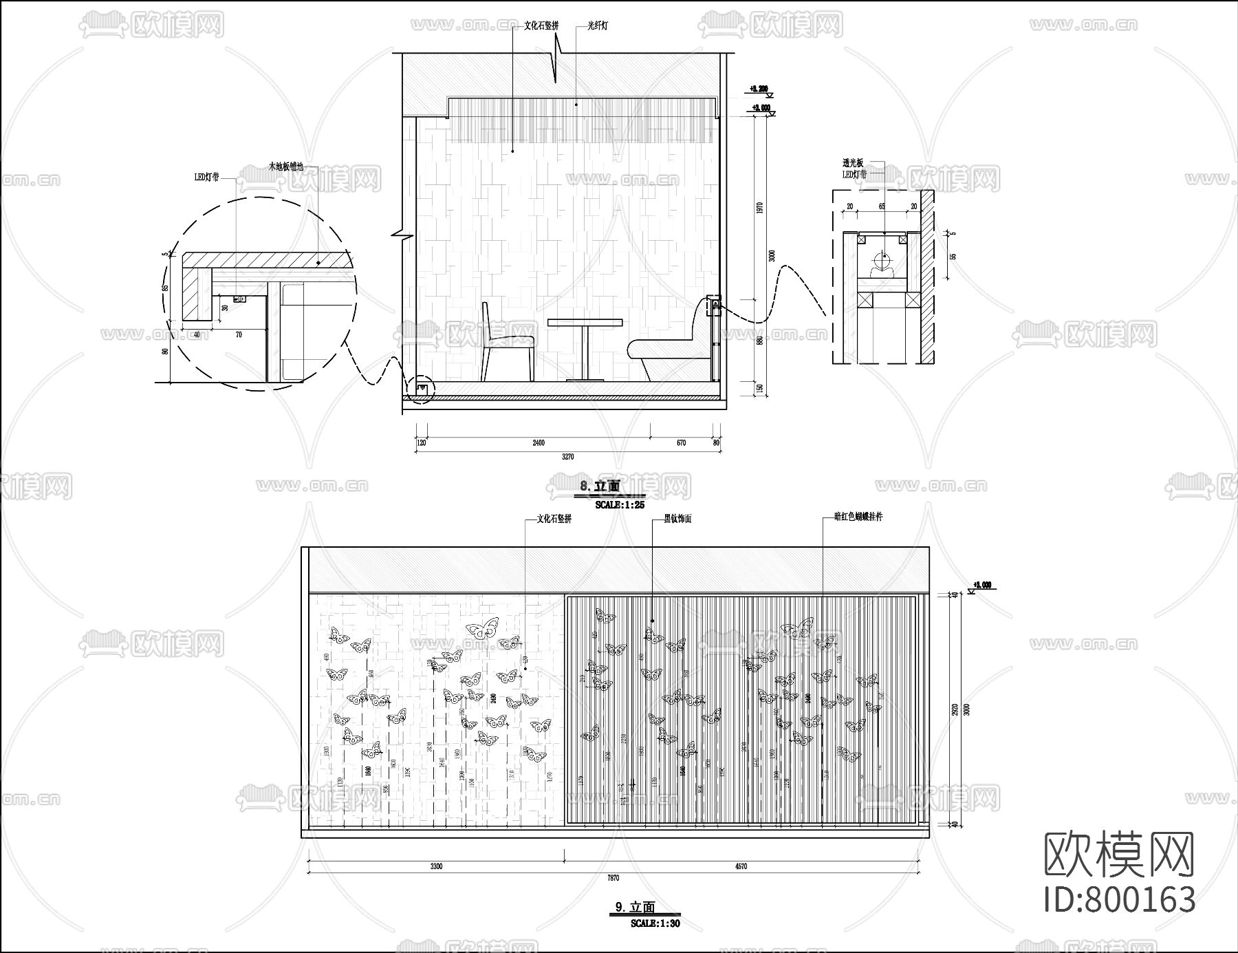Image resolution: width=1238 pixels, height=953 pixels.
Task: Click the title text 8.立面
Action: tap(600, 486)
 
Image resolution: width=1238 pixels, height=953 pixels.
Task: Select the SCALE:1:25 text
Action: tap(619, 504)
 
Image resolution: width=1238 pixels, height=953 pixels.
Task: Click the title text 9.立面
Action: tap(635, 908)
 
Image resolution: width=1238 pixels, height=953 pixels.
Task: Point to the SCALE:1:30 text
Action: tap(655, 923)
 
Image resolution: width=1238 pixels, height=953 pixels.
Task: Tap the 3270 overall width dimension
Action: tap(567, 457)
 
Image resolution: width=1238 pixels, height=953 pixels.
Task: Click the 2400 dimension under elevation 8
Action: tap(538, 443)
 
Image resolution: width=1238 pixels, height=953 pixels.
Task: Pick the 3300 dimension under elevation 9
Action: tap(436, 866)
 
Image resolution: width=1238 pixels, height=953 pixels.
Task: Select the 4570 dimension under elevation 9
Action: tap(740, 866)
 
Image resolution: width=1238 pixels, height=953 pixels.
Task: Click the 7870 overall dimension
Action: tap(613, 878)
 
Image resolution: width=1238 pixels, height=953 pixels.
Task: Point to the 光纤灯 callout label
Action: tap(597, 26)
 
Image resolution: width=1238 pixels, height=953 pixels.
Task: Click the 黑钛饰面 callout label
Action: tap(677, 519)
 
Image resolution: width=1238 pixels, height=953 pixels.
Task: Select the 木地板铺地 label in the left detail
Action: tap(285, 167)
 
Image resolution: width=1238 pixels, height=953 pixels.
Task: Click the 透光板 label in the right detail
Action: tap(852, 163)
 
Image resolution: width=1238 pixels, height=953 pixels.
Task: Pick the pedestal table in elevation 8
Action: tap(585, 347)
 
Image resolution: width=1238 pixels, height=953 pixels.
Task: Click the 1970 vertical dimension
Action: tap(759, 208)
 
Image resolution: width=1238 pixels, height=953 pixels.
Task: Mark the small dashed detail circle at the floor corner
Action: tap(421, 390)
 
